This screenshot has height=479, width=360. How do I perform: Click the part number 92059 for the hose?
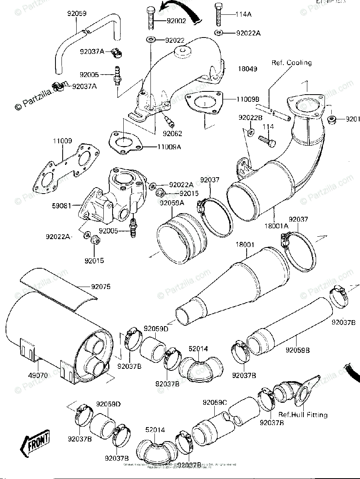[76, 14]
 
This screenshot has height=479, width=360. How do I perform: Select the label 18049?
[247, 69]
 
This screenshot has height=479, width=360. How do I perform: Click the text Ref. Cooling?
[291, 63]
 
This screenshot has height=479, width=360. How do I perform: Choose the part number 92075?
[101, 287]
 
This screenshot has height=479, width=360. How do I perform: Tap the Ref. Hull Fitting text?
[303, 415]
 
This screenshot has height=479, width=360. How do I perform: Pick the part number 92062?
[172, 133]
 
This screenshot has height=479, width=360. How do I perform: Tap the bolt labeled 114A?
[218, 14]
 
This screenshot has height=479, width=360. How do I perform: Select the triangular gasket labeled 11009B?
[204, 104]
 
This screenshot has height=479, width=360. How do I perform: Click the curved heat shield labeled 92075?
[60, 287]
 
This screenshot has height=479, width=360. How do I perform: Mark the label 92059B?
[297, 350]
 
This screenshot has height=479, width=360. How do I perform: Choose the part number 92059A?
[172, 203]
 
